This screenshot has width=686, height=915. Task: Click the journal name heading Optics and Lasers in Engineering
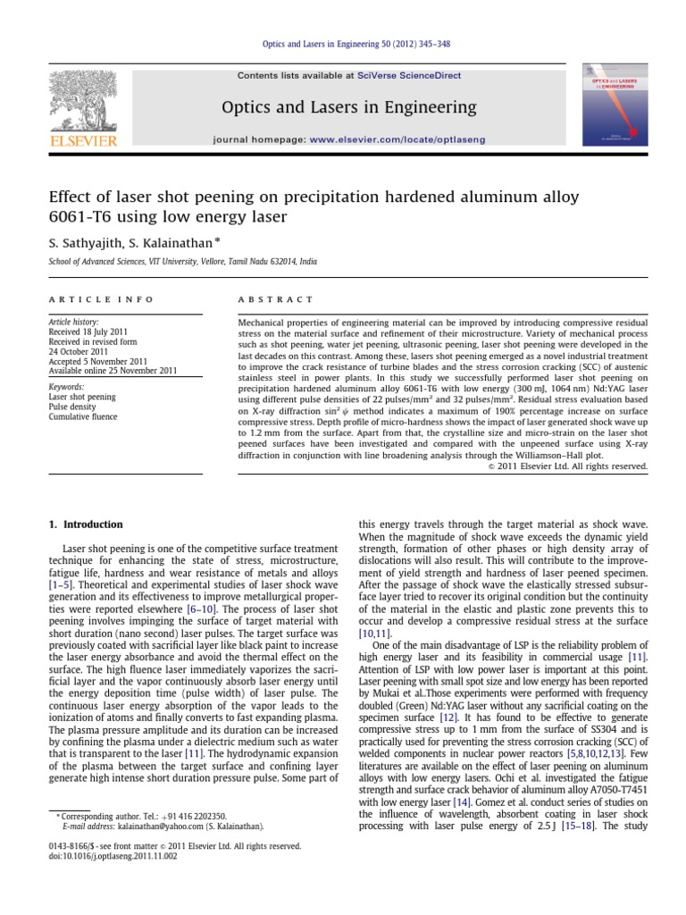(x=349, y=107)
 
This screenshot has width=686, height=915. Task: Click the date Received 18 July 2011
(x=87, y=331)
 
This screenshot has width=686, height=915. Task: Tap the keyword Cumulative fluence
(x=85, y=416)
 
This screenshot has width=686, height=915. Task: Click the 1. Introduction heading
(x=86, y=525)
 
